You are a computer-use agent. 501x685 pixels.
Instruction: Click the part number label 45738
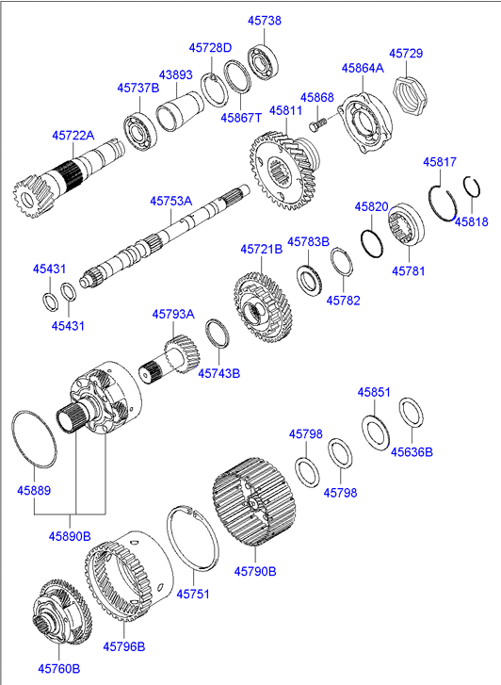[263, 20]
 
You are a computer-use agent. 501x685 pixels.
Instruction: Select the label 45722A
[73, 136]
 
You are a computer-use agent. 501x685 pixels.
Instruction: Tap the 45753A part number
[170, 201]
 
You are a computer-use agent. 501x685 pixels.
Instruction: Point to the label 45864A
[363, 68]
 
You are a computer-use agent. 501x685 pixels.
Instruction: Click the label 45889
[34, 490]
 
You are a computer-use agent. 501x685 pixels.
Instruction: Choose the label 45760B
[58, 668]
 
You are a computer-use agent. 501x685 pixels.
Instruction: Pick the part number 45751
[192, 595]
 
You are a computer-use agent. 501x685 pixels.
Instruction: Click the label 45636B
[412, 451]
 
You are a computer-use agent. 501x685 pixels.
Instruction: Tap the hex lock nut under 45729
[409, 93]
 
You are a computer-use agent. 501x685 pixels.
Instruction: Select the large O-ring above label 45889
[34, 439]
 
